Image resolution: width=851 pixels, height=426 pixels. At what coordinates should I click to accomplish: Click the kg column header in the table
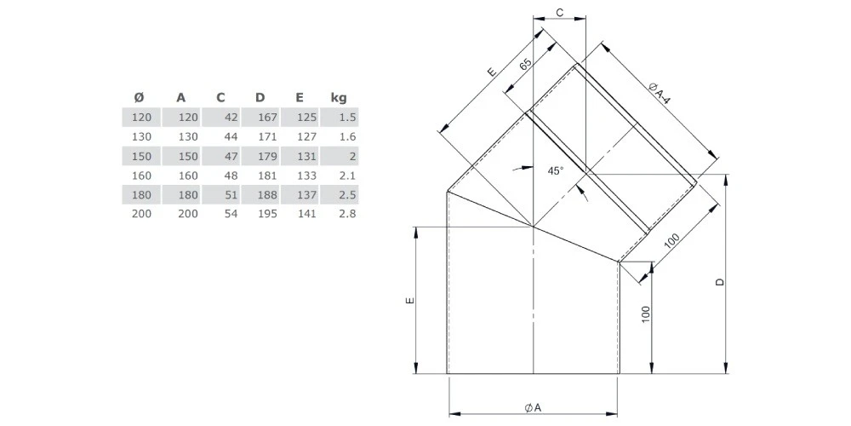pos(338,97)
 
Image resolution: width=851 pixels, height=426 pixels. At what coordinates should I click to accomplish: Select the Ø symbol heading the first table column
pos(140,97)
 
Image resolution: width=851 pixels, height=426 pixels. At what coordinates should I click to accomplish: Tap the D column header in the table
pos(260,97)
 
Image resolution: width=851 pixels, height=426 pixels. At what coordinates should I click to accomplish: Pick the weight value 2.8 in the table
pos(347,214)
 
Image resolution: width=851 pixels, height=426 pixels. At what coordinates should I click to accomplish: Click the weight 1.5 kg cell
pos(347,116)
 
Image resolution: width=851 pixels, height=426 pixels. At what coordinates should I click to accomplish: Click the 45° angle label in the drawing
pos(555,171)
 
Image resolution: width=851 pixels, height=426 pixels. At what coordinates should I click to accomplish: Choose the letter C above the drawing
pos(560,10)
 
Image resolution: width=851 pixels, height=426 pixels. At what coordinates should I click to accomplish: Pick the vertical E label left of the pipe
pos(409,302)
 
